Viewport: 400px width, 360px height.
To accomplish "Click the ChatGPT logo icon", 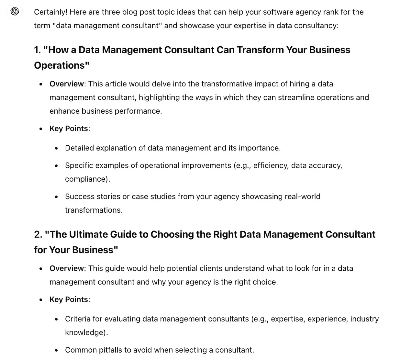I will tap(15, 12).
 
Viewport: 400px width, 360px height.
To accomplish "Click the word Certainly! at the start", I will tap(51, 12).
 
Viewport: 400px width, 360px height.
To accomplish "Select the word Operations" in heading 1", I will tap(61, 65).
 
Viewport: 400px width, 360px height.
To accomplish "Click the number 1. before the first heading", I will tap(38, 50).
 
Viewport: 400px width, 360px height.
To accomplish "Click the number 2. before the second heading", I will tap(38, 234).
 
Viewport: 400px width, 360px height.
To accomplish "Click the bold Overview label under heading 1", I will tap(66, 84).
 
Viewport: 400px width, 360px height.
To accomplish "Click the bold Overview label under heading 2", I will tap(66, 268).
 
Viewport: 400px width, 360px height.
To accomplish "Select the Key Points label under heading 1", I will tap(69, 129).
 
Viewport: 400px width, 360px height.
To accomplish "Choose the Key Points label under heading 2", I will tap(69, 299).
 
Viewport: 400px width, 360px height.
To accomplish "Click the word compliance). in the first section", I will tap(87, 179).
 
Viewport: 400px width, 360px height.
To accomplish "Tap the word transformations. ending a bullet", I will tap(94, 210).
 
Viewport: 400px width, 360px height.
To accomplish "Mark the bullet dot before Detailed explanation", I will tap(57, 148).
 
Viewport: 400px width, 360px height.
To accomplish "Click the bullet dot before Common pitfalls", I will tap(57, 350).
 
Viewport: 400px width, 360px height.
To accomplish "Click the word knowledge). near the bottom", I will tap(86, 332).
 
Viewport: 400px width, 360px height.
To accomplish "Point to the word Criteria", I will tap(78, 319).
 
